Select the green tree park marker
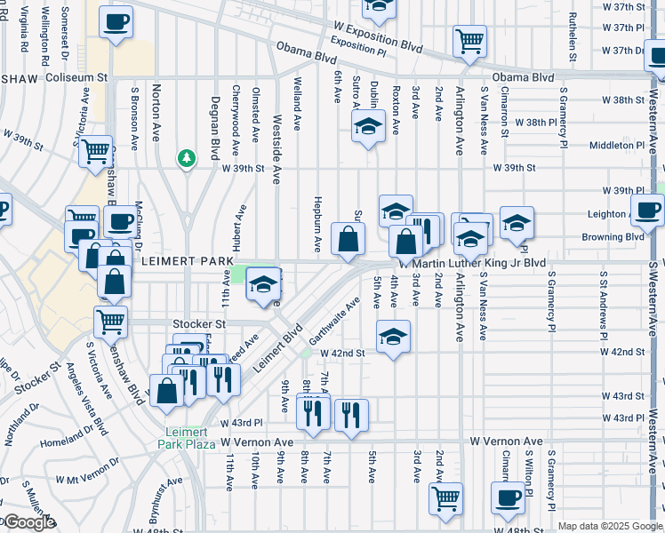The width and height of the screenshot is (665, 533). pyautogui.click(x=187, y=159)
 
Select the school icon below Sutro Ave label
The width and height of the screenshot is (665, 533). pyautogui.click(x=365, y=129)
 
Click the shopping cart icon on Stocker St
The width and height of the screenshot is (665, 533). pyautogui.click(x=111, y=322)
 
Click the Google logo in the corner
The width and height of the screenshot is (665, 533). pyautogui.click(x=28, y=522)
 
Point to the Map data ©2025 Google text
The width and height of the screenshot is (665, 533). pyautogui.click(x=609, y=526)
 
